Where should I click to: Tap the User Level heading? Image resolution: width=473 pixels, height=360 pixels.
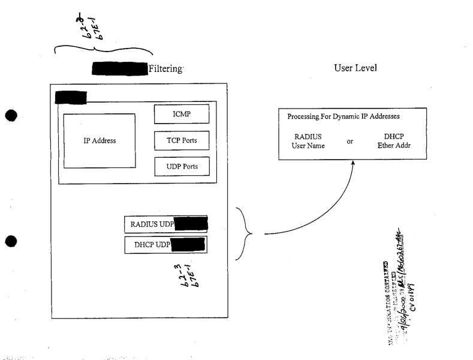355,68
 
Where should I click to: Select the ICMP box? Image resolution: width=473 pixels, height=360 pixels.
182,114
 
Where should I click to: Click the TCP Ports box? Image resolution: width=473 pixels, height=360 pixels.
182,141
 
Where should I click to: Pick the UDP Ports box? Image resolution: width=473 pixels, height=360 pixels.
182,166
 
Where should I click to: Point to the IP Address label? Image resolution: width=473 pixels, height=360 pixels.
100,141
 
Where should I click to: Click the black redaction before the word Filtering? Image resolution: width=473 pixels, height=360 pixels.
119,69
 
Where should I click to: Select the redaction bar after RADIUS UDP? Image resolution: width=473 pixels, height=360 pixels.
190,225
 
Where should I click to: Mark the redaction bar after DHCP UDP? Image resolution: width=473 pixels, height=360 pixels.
188,245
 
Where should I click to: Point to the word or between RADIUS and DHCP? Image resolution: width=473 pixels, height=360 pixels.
351,142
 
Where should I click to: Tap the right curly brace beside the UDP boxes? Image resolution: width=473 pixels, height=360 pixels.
243,233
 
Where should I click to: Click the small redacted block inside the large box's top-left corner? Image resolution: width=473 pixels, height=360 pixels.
71,97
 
